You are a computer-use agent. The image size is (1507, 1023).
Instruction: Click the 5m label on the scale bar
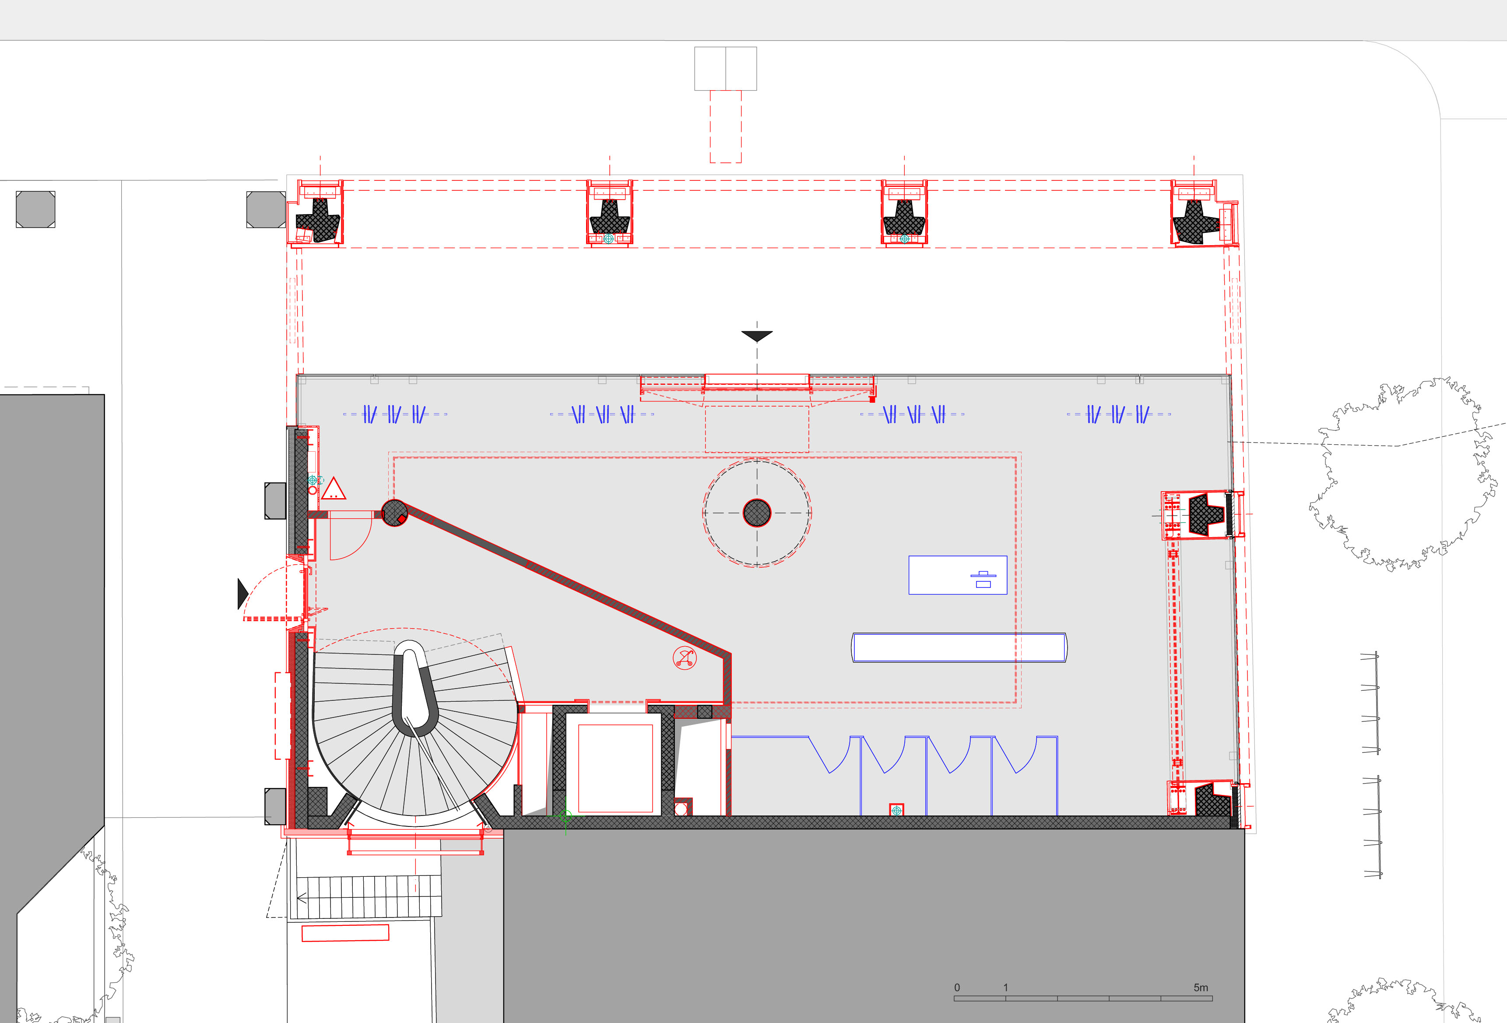pos(1201,987)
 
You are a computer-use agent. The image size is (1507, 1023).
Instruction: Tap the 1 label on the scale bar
pos(1006,987)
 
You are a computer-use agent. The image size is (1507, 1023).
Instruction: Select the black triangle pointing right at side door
pos(242,594)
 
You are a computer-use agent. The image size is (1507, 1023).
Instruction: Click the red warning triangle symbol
pos(333,489)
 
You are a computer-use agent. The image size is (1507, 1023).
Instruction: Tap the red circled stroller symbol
pos(685,658)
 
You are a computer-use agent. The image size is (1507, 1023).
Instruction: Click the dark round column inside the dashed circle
pos(757,513)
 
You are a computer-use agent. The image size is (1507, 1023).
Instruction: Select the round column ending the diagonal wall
pos(395,513)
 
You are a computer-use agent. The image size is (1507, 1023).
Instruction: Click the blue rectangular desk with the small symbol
pos(958,575)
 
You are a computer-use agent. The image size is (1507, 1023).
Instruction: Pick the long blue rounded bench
pos(959,647)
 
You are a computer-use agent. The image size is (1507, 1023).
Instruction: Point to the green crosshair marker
pos(566,816)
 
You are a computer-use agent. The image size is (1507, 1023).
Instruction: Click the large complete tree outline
pos(1404,474)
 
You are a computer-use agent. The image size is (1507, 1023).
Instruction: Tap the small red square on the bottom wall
pos(896,809)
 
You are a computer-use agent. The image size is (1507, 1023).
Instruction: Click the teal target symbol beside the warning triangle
pos(313,480)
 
